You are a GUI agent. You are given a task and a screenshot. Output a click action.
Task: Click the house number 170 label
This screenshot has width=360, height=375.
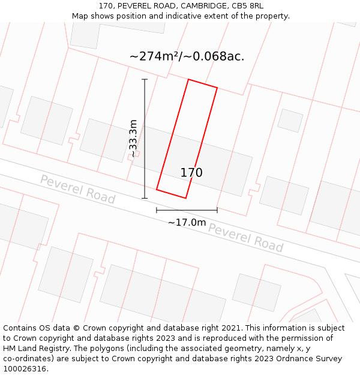191,173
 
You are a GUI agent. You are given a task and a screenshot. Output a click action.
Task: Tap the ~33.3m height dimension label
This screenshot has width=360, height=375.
133,139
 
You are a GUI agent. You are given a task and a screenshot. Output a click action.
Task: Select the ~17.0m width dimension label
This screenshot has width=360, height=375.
187,223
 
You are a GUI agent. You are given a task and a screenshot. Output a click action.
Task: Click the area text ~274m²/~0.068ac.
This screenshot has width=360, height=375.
187,56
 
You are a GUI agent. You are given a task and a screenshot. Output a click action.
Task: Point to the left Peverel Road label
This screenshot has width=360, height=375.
77,188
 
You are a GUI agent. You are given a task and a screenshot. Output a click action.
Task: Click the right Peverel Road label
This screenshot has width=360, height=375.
245,238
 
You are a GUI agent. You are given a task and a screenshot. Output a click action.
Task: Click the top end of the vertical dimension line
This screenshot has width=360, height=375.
145,79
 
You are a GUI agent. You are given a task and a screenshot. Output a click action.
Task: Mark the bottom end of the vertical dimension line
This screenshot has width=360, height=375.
145,198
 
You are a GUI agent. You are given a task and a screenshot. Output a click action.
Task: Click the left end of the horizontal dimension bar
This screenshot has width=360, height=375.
157,210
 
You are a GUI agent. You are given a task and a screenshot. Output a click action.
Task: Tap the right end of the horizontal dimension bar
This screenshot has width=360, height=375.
217,210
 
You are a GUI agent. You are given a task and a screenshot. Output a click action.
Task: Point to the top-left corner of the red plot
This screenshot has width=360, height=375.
188,79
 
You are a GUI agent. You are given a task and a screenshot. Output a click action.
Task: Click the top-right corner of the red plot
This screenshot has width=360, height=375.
217,88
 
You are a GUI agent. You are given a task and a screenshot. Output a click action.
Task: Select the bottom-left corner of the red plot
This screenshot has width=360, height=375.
157,190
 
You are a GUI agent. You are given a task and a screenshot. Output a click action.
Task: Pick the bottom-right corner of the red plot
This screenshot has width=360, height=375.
185,198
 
